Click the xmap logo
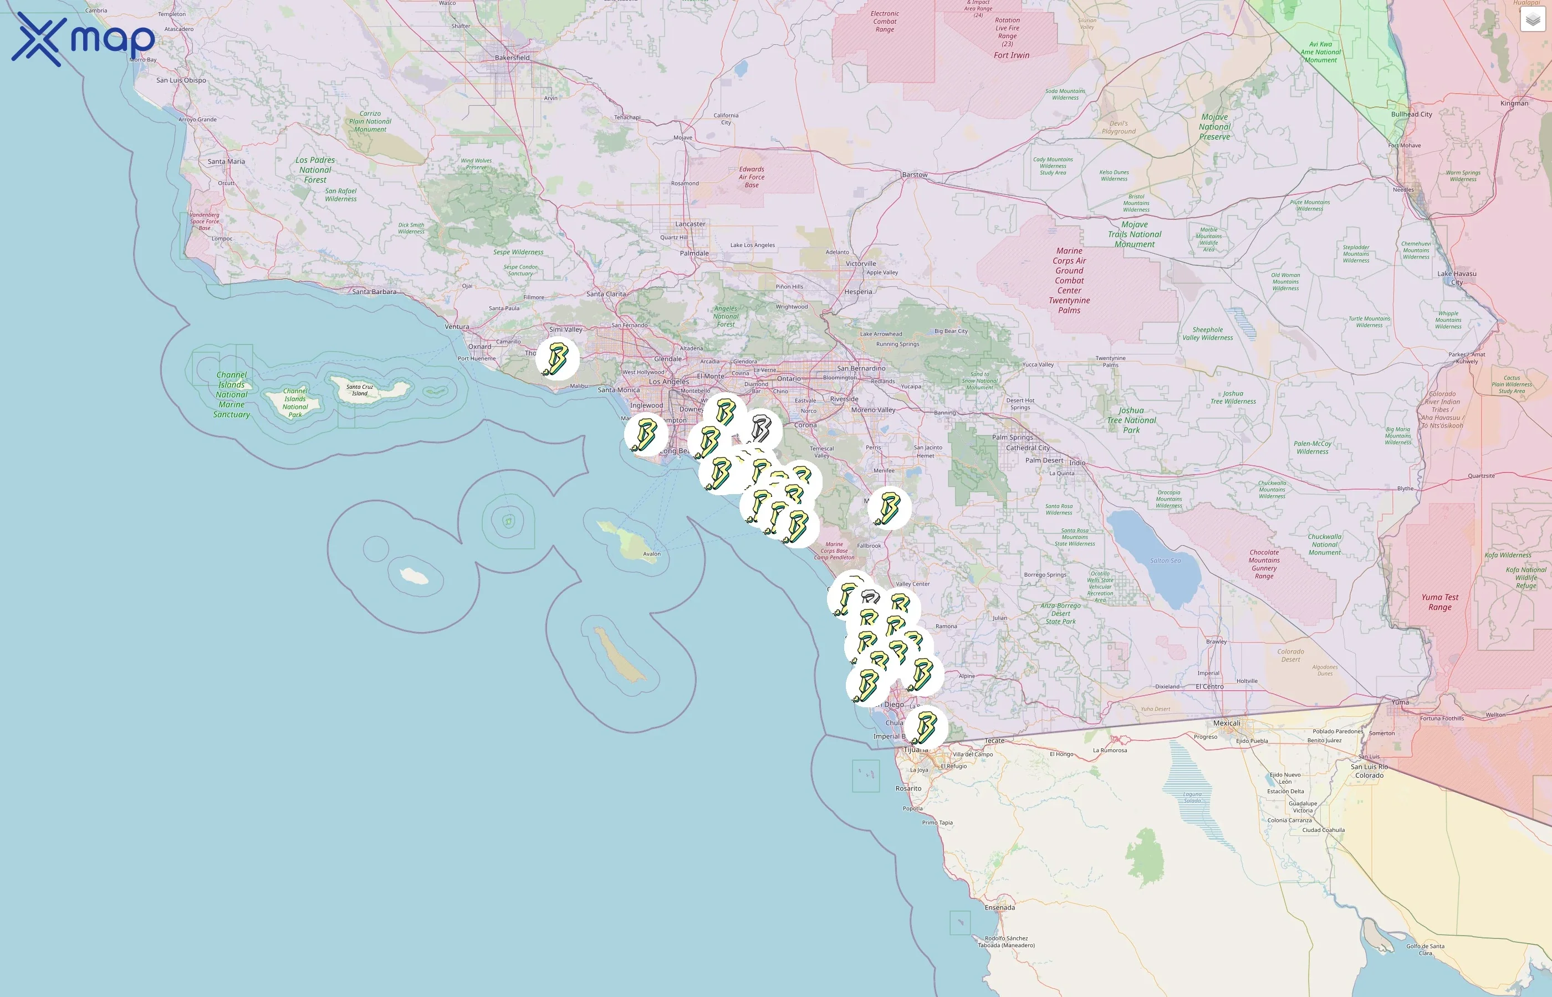coord(83,39)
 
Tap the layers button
coord(1532,20)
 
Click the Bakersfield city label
coord(512,58)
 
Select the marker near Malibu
coord(557,359)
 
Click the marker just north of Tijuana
coord(926,727)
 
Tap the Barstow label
coord(915,175)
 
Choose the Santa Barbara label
coord(374,292)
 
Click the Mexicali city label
coord(1226,723)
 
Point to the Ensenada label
coord(999,908)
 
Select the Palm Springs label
coord(1013,438)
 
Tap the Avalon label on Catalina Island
coord(652,554)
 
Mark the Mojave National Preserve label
coord(1214,127)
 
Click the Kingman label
coord(1514,104)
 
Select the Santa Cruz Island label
coord(360,390)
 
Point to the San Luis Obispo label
coord(181,80)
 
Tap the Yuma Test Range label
coord(1440,602)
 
